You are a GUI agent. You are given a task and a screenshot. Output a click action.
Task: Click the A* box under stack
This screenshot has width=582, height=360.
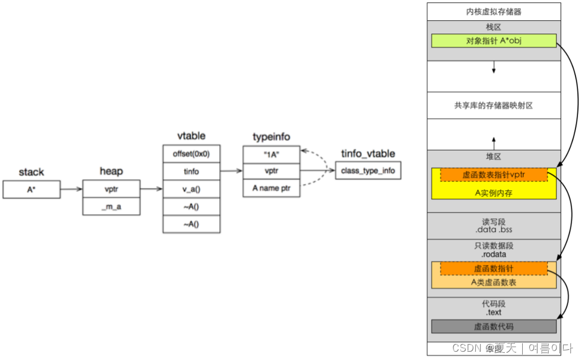(32, 189)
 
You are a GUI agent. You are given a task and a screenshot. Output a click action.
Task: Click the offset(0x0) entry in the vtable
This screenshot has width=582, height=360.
(191, 154)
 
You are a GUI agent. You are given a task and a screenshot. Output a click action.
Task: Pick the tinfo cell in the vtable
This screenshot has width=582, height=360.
(191, 171)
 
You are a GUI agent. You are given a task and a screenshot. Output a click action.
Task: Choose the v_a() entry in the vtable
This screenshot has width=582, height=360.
(191, 189)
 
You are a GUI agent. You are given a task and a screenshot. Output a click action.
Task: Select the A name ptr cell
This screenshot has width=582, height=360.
(271, 189)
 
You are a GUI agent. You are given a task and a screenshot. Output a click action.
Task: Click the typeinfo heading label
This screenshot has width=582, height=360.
(271, 137)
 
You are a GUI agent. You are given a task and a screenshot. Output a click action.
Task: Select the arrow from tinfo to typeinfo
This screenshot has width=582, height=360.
(231, 171)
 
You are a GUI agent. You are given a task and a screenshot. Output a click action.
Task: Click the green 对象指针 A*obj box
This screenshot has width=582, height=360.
(493, 40)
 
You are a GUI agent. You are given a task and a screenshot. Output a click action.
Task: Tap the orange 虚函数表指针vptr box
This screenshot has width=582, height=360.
(493, 174)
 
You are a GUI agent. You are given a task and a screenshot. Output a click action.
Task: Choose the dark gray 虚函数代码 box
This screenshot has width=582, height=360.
(493, 326)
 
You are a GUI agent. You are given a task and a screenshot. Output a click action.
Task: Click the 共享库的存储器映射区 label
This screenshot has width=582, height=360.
(493, 105)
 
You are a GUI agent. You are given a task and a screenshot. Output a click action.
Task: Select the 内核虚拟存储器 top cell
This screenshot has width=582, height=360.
(493, 11)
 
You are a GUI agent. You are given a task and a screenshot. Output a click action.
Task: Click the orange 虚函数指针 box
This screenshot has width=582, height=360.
(493, 269)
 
